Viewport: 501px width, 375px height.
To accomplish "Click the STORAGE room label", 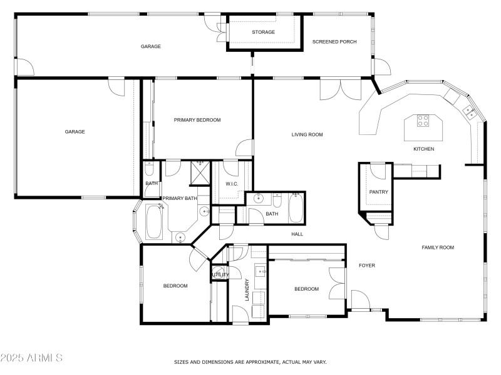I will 263,32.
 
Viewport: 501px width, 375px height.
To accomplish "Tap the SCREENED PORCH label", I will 334,42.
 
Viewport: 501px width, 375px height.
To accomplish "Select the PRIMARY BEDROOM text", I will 197,120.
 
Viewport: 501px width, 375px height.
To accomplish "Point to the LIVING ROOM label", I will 307,134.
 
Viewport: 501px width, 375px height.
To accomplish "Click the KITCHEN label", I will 423,149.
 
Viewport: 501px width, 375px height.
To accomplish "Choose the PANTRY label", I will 379,192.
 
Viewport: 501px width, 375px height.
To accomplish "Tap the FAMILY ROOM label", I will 437,247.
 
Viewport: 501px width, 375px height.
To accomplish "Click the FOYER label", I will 366,266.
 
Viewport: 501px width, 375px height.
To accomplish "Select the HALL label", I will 297,234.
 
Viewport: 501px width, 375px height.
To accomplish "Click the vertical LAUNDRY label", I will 247,289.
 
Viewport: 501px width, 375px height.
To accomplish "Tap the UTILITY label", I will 220,275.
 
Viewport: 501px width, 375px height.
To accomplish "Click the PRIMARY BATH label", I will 180,198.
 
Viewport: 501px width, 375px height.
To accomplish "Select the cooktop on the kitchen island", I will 423,121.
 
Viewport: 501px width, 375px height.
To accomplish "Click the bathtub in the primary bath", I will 153,222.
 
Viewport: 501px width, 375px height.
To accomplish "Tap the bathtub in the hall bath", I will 296,208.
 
